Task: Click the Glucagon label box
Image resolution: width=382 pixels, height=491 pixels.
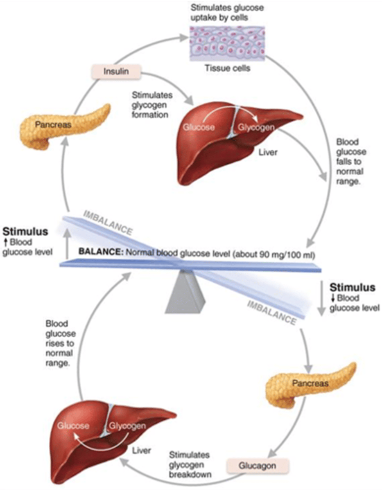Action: tap(257, 466)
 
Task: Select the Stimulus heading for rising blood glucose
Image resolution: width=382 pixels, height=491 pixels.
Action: tap(25, 232)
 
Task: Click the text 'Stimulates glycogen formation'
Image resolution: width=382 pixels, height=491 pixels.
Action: tap(150, 105)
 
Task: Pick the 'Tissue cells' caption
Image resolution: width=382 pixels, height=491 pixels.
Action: tap(227, 68)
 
